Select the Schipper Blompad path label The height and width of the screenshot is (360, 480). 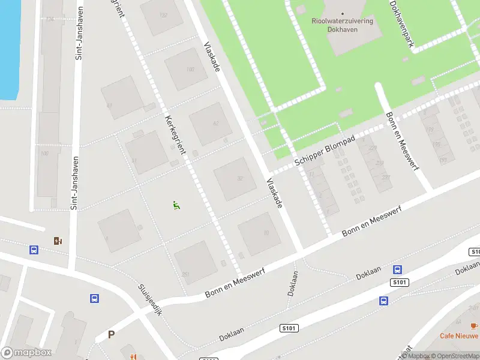click(325, 151)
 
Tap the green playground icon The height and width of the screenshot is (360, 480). click(176, 205)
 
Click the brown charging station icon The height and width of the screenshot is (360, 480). click(58, 241)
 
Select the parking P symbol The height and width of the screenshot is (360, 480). click(111, 335)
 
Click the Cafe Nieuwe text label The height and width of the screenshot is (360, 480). click(459, 336)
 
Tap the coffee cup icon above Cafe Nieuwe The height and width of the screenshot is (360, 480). click(473, 325)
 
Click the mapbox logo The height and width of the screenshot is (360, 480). click(26, 353)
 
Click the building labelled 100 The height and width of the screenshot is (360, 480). click(187, 70)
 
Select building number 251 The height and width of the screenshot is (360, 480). click(195, 263)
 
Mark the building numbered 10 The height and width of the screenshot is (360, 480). click(259, 233)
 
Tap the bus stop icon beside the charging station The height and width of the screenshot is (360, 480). click(34, 250)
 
